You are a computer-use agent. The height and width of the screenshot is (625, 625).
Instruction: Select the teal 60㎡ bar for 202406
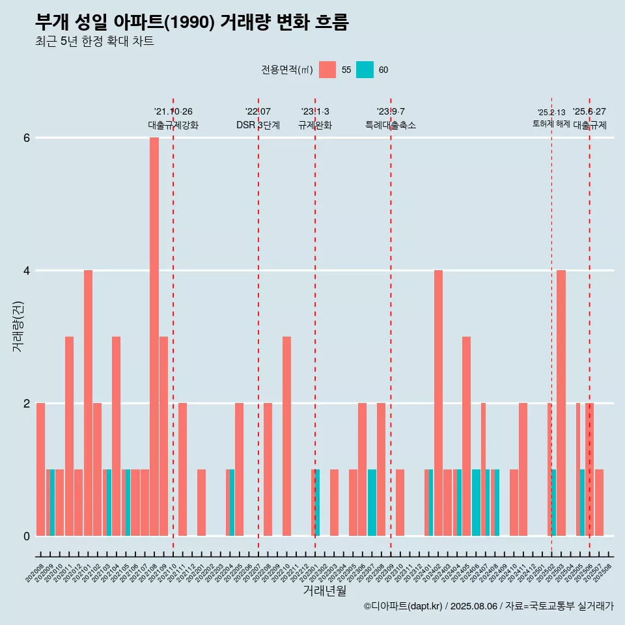click(476, 502)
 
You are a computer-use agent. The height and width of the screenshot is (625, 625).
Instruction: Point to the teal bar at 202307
click(372, 502)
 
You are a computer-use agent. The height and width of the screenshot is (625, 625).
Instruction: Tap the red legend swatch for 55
click(327, 70)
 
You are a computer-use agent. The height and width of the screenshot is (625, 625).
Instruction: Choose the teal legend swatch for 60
click(365, 70)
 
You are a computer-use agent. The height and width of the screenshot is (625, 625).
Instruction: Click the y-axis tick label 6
click(27, 138)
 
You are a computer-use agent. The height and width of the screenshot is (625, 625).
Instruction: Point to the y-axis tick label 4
click(27, 270)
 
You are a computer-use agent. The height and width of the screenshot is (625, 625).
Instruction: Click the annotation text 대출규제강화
click(173, 125)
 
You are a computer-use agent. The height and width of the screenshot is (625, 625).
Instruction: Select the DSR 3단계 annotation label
click(258, 125)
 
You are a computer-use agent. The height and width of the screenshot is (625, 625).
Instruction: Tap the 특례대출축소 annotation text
click(391, 125)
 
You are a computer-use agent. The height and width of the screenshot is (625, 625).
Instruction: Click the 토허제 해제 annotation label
click(551, 124)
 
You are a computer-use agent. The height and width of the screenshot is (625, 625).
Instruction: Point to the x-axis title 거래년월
click(324, 590)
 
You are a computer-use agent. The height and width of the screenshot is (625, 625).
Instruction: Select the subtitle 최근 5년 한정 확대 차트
click(94, 42)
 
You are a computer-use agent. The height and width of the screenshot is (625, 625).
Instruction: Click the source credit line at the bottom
click(488, 606)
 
